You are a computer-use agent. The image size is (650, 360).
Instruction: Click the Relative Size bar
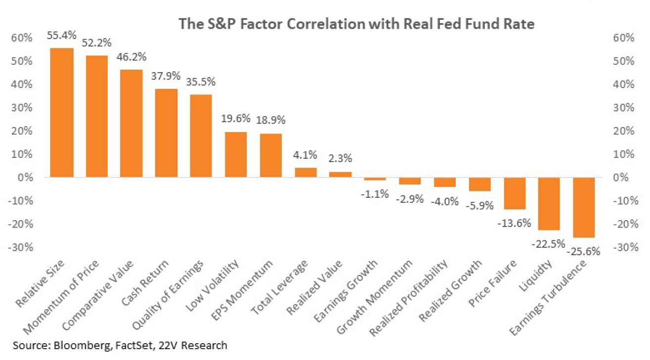62,113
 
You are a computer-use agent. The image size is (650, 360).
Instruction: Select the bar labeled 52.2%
97,116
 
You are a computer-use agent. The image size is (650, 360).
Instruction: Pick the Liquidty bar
549,204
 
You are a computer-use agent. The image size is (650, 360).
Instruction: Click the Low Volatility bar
236,155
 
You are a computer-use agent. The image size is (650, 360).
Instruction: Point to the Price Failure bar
515,193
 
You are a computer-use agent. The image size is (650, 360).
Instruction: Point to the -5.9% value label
479,205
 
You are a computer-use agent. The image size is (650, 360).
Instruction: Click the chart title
324,24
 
